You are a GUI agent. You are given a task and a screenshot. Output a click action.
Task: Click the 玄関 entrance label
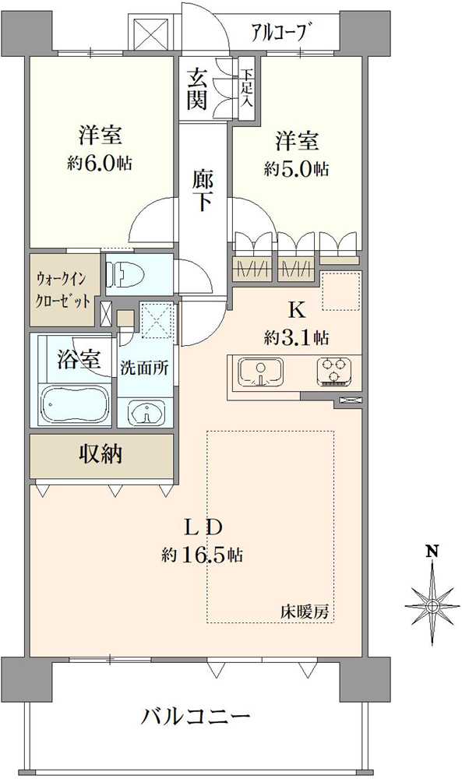coord(197,89)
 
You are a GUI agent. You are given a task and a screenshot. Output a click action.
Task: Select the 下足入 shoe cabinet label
coord(247,88)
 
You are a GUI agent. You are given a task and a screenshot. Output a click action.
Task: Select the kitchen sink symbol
coord(261,371)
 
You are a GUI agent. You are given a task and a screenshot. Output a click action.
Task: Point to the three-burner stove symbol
coord(335,371)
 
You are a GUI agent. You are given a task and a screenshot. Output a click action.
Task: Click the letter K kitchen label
coord(296,309)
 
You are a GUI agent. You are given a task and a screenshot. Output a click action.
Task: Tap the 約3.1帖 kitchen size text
coord(296,337)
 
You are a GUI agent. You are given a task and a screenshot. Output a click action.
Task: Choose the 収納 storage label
coord(100,454)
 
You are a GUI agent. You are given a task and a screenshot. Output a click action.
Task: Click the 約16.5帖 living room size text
coord(203,555)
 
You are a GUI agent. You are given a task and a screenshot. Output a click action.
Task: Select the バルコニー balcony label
coord(195,715)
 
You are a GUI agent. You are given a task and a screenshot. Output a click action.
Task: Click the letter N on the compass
coord(432,552)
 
